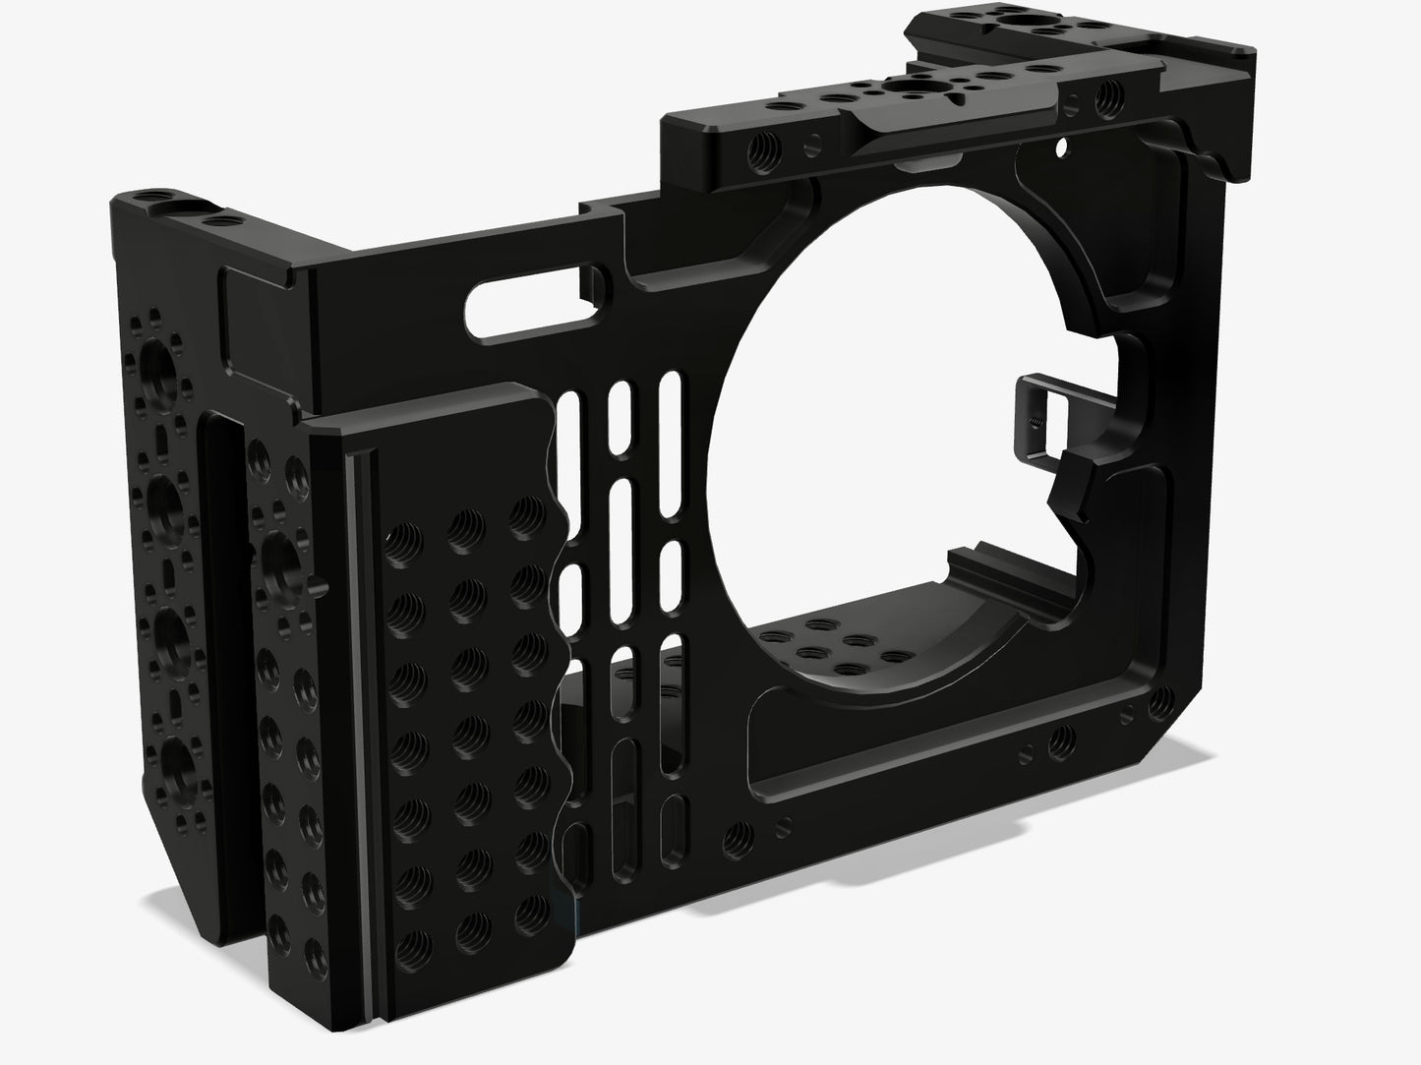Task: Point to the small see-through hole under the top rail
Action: [1060, 148]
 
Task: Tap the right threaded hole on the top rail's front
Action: [1111, 96]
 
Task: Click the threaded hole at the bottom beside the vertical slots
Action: [734, 838]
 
